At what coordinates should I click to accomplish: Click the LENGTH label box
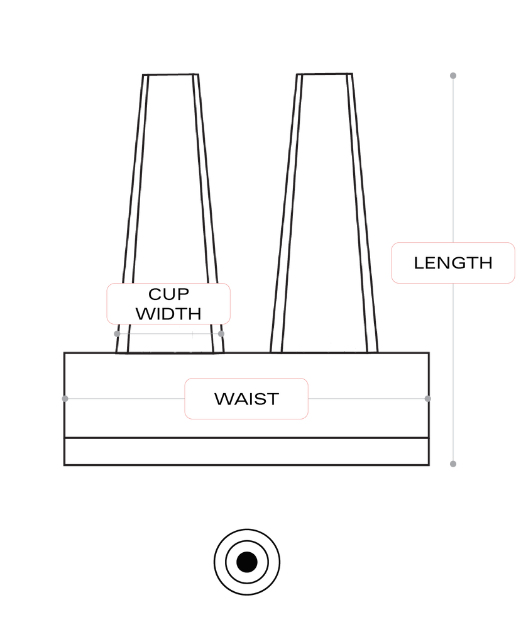[452, 263]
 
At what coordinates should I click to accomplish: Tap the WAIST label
[246, 399]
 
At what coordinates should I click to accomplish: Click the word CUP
[168, 294]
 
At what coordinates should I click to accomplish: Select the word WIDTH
[168, 313]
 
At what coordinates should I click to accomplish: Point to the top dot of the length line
[452, 75]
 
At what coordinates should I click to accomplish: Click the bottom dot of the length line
[452, 464]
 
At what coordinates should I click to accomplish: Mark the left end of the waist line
[64, 399]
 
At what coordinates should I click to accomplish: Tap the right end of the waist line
[429, 399]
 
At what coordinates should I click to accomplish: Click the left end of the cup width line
[116, 333]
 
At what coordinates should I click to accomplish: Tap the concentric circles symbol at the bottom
[246, 562]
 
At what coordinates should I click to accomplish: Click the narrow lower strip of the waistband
[246, 452]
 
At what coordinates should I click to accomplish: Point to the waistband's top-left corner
[64, 353]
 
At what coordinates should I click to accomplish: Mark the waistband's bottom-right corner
[429, 465]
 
